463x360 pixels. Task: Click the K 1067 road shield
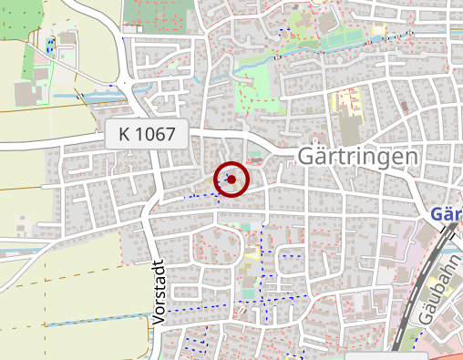click(147, 135)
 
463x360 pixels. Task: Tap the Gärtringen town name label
click(358, 157)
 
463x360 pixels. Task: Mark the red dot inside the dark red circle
click(231, 180)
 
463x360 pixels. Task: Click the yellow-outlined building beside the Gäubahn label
click(401, 252)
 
